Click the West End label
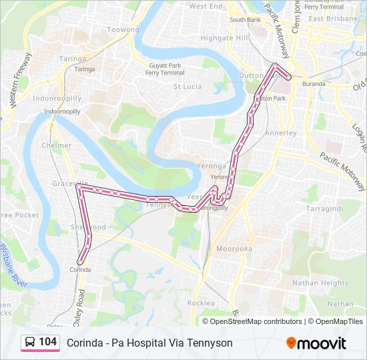206,6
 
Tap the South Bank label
245,20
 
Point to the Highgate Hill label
225,38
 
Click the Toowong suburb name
123,30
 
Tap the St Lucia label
188,86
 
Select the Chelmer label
56,145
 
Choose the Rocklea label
201,303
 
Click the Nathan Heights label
320,283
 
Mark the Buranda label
313,84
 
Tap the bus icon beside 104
30,343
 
